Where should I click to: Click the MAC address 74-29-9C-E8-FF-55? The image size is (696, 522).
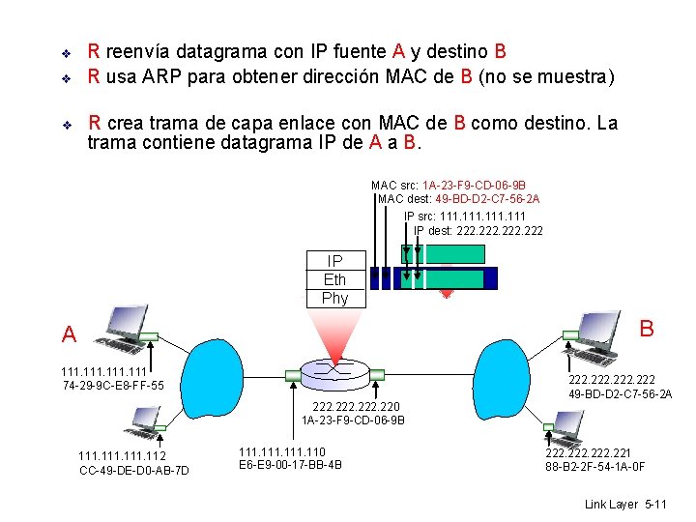coord(112,386)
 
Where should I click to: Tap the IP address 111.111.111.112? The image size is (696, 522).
coord(122,456)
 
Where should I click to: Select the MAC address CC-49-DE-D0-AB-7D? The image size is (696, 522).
coord(133,470)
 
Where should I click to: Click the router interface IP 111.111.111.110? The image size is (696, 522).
coord(282,451)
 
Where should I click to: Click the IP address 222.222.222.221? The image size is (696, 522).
coord(589,452)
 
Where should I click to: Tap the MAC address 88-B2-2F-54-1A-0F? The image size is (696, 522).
coord(594,467)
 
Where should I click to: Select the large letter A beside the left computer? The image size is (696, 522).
coord(69,335)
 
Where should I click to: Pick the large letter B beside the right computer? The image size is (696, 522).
coord(647,329)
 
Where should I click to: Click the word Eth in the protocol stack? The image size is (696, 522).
coord(334,279)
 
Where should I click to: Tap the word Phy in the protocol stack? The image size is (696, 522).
coord(334,298)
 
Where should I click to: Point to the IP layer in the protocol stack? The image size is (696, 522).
coord(334,261)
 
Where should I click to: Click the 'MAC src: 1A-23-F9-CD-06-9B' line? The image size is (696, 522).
coord(449,185)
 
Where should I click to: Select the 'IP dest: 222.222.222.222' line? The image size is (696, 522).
coord(478,230)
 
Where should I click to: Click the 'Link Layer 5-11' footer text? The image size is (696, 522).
coord(625,505)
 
